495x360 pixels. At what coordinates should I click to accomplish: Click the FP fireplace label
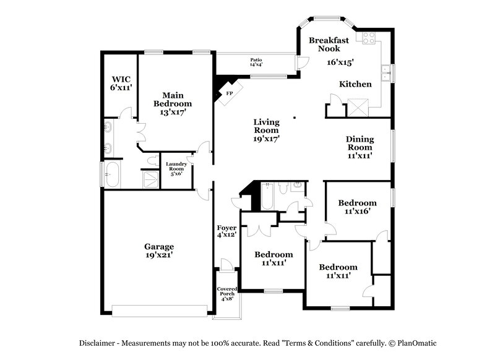pos(228,93)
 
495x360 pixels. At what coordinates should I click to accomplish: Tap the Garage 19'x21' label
pos(159,250)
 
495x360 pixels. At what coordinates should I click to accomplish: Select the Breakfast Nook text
pos(329,44)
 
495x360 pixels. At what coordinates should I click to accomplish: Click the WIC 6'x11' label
pos(121,84)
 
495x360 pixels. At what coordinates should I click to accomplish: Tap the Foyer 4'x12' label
pos(226,231)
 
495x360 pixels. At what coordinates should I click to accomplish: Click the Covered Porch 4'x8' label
pos(226,293)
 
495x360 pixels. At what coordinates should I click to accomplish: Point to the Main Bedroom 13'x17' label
pos(173,104)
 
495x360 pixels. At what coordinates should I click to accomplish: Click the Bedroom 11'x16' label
pos(357,207)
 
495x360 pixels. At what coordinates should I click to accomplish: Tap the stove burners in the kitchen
pos(370,38)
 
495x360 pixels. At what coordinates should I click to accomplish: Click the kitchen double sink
pos(386,74)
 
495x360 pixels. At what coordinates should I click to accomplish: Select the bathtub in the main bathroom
pos(114,174)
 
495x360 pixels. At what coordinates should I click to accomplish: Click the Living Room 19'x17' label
pos(266,131)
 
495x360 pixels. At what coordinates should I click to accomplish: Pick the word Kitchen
pos(355,84)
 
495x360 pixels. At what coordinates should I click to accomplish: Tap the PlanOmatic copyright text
pos(411,343)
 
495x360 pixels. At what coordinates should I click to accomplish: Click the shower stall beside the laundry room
pos(150,179)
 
